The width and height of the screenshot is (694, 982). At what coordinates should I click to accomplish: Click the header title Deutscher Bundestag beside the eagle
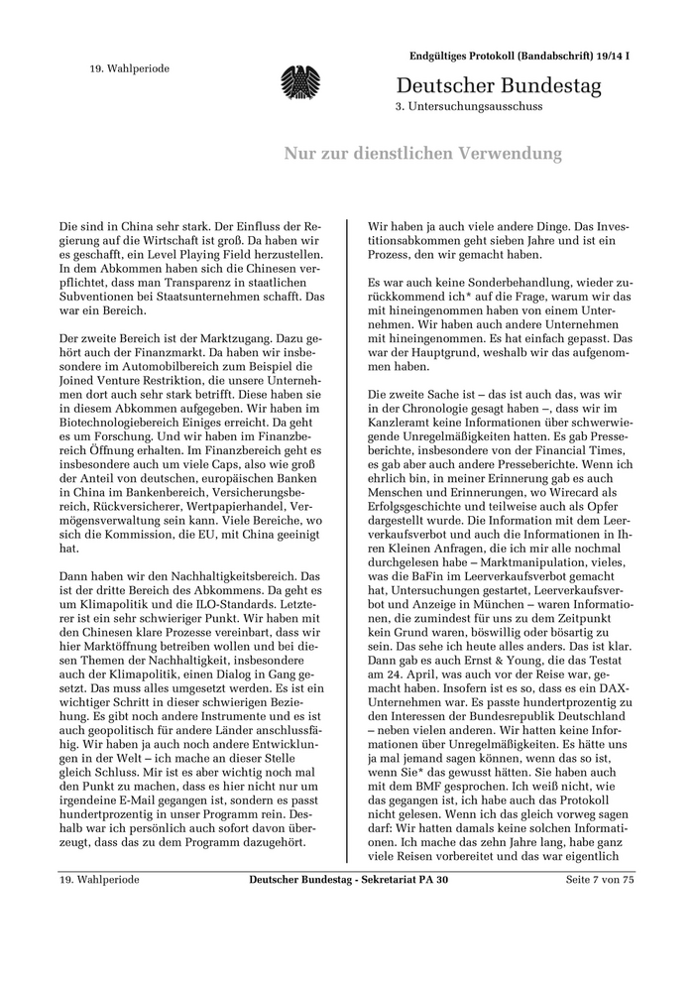(x=499, y=86)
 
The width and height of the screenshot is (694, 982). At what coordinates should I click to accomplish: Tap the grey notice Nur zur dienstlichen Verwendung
(x=423, y=154)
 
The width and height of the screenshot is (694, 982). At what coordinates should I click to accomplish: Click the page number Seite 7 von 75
(x=599, y=880)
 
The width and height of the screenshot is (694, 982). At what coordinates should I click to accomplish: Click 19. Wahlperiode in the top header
(x=130, y=68)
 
